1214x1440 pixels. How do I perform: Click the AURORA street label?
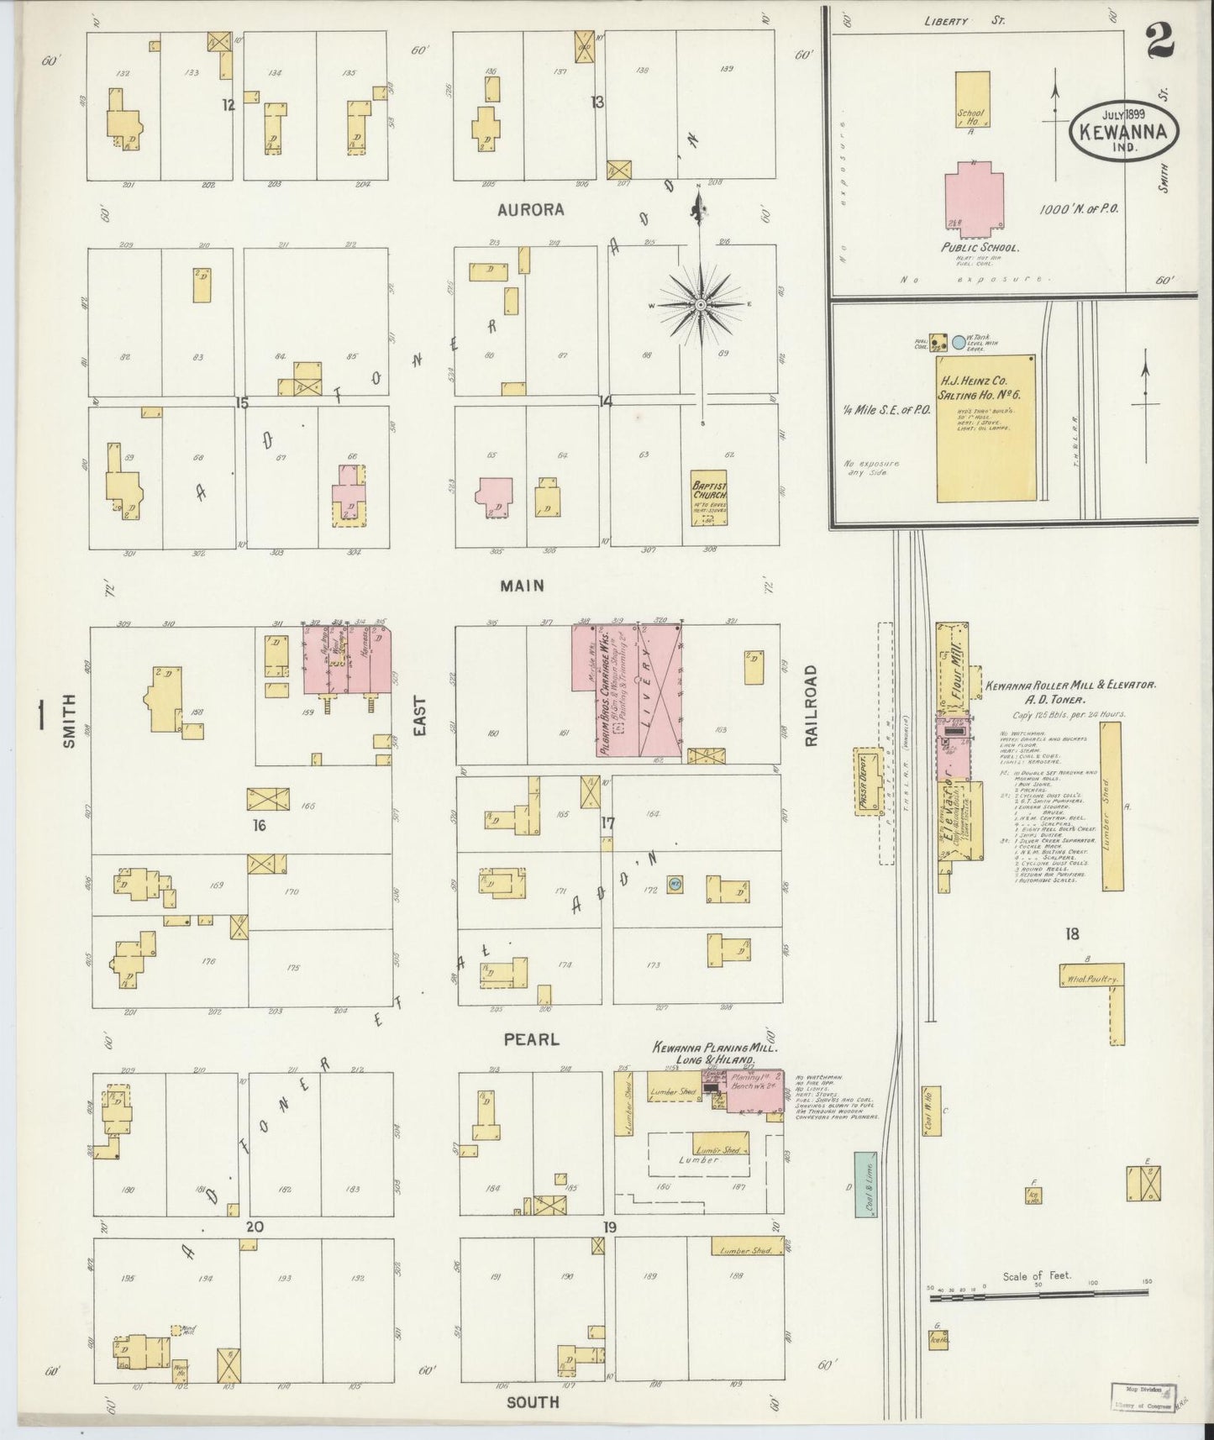click(531, 210)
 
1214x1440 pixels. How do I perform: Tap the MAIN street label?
click(522, 586)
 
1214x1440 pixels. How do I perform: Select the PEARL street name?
click(531, 1039)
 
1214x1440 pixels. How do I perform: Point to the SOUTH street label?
click(533, 1401)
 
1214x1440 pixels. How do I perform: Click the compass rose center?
click(700, 304)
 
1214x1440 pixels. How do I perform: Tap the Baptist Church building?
click(709, 498)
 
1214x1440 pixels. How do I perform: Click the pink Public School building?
click(974, 200)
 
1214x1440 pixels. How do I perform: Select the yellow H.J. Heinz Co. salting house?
click(985, 428)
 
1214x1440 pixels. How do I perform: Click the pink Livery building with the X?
click(660, 689)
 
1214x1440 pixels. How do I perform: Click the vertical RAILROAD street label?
click(811, 706)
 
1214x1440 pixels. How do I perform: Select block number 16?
click(259, 826)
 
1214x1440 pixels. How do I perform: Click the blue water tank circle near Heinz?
click(959, 343)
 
